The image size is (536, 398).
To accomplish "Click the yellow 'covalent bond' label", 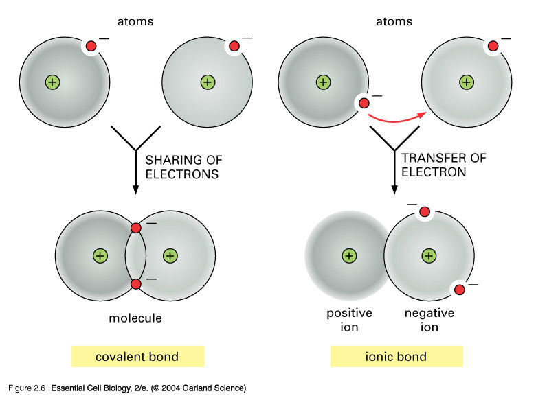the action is [137, 356].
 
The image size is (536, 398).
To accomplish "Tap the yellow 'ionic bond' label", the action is [397, 356].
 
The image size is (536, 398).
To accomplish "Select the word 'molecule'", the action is [135, 318].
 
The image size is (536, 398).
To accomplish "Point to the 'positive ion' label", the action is [349, 320].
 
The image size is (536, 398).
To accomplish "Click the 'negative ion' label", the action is [429, 320].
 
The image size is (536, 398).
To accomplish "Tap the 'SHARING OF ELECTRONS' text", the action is [183, 167].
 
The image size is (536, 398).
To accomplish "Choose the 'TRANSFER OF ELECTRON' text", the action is [443, 165].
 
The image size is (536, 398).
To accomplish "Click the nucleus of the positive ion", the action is [349, 256].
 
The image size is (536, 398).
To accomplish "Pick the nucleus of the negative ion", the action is [429, 256].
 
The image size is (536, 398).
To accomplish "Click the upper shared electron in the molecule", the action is [135, 228].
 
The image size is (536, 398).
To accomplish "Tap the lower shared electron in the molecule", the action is [135, 283].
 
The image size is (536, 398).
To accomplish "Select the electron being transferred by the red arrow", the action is [364, 103].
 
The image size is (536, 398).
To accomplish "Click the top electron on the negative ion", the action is [425, 211].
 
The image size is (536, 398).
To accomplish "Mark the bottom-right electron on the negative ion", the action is [460, 290].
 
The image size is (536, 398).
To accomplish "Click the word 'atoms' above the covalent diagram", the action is [135, 21].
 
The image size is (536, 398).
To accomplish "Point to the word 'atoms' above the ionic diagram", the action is [394, 21].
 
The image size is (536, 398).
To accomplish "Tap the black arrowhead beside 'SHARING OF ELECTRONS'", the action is [135, 190].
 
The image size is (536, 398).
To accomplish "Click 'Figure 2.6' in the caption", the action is [27, 388].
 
